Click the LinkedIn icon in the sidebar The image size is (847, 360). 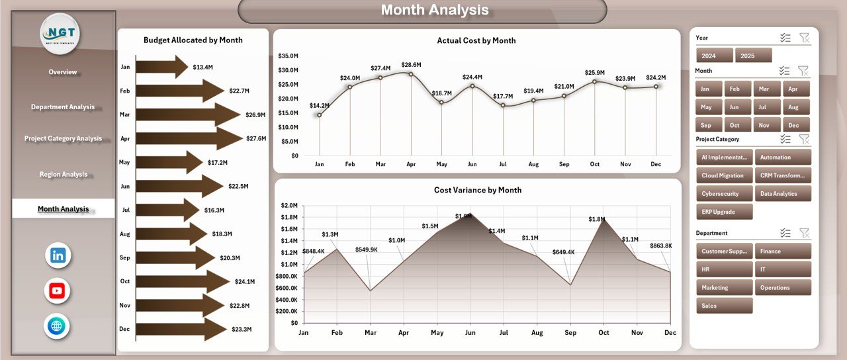click(58, 255)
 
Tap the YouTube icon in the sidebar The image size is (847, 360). click(58, 291)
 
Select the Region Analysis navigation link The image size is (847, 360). click(64, 175)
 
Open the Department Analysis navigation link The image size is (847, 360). click(63, 107)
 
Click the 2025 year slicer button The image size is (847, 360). click(753, 56)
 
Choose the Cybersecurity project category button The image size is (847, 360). click(725, 194)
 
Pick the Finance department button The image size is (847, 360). click(783, 251)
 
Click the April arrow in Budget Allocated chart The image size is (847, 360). click(189, 138)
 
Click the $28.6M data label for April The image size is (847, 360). click(411, 65)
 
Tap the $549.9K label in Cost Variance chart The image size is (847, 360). click(366, 249)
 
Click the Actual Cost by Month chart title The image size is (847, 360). click(476, 41)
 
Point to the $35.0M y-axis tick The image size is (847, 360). click(288, 56)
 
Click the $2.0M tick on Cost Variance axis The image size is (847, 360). click(289, 205)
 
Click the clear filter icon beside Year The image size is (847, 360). click(804, 38)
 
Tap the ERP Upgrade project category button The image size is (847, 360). click(725, 212)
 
